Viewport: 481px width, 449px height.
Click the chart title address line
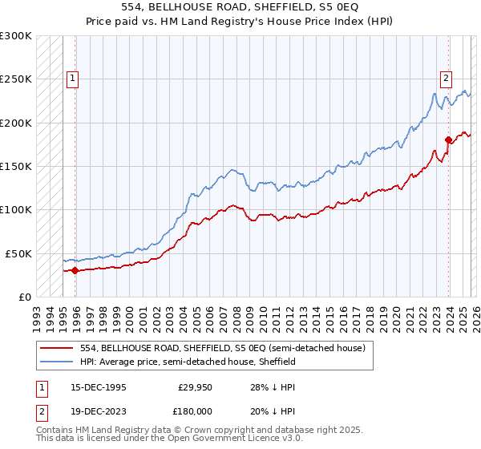[240, 7]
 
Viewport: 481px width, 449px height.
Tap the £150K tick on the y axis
[15, 167]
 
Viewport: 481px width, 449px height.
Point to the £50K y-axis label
[18, 253]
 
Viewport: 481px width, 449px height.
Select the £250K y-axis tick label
[15, 79]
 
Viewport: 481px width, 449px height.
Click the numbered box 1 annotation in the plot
[74, 79]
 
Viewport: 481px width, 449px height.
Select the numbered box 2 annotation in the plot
[445, 79]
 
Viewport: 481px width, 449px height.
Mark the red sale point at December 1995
[75, 270]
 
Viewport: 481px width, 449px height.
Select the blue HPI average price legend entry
[188, 362]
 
